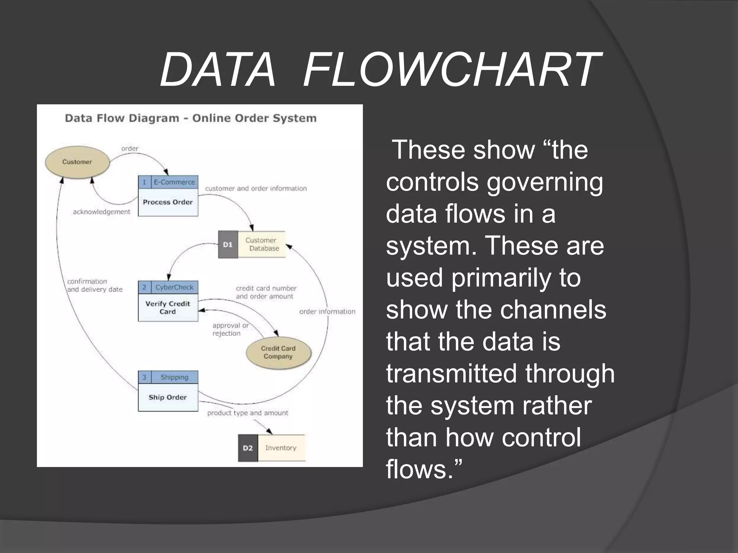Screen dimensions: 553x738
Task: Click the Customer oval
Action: point(77,162)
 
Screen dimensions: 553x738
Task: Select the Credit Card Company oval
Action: point(278,352)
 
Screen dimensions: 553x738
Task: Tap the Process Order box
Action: point(168,202)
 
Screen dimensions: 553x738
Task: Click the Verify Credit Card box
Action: point(168,308)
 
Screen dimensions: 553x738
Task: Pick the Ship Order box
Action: point(168,397)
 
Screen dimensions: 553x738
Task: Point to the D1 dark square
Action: point(228,245)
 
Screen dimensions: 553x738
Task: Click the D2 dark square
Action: point(248,448)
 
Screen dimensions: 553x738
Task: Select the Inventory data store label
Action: point(281,448)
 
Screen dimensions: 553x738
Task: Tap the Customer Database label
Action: point(262,244)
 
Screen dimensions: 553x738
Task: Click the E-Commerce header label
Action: point(174,182)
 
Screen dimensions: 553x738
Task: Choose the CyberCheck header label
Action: point(174,287)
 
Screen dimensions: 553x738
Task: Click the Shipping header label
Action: point(174,377)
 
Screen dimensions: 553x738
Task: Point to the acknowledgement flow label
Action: point(102,212)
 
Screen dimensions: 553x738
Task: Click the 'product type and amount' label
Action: point(248,413)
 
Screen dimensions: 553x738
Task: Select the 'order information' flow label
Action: point(327,312)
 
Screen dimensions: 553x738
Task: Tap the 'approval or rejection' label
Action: point(230,329)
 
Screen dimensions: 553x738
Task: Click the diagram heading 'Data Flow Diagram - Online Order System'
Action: point(191,118)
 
